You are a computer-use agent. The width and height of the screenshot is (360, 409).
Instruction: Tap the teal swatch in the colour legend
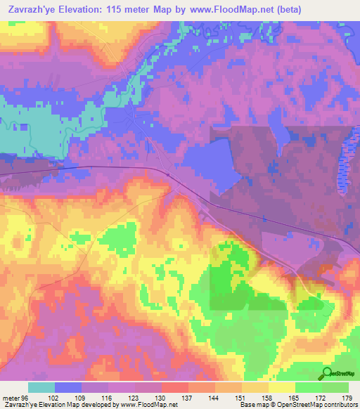(41, 387)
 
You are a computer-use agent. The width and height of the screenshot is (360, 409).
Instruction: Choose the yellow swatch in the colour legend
(282, 387)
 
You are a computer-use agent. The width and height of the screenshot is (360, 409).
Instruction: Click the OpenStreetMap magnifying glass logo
(328, 373)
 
